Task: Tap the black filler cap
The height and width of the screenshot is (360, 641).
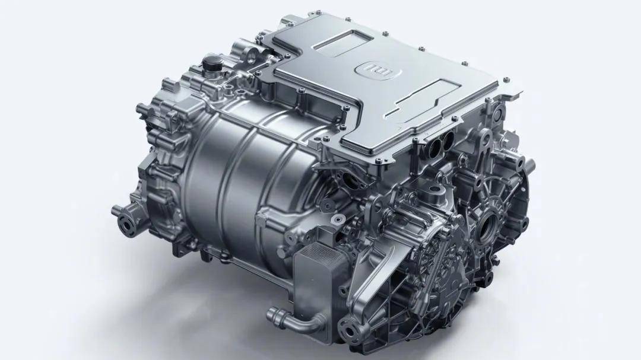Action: point(211,63)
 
